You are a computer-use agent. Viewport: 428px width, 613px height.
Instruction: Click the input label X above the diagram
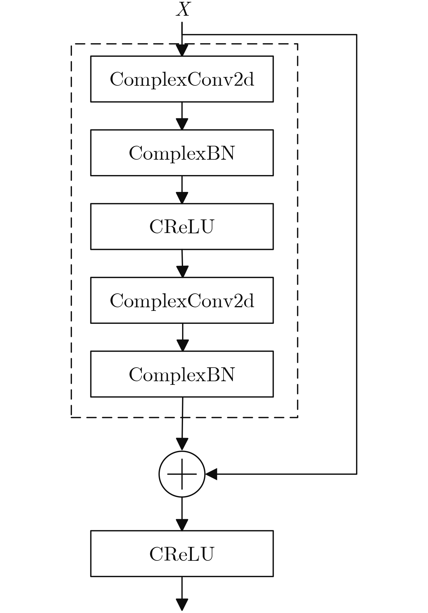pyautogui.click(x=183, y=9)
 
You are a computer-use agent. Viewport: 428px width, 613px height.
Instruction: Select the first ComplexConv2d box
pyautogui.click(x=182, y=79)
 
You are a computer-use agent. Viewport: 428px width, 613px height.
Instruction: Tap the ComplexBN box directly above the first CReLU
pyautogui.click(x=182, y=153)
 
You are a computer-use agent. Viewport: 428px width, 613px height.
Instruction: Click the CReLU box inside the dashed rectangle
pyautogui.click(x=182, y=226)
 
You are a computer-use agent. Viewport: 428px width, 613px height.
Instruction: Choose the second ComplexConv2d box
pyautogui.click(x=182, y=300)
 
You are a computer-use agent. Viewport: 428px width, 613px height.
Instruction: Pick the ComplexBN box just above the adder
pyautogui.click(x=182, y=374)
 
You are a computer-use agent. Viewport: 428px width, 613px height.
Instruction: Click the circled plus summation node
pyautogui.click(x=182, y=474)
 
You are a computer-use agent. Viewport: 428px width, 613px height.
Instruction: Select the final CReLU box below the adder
pyautogui.click(x=182, y=554)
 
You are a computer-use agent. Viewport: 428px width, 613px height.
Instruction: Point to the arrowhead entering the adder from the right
pyautogui.click(x=211, y=474)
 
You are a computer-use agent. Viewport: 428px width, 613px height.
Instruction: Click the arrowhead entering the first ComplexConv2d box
pyautogui.click(x=182, y=50)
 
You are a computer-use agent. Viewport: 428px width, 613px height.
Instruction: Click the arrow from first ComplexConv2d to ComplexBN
pyautogui.click(x=182, y=116)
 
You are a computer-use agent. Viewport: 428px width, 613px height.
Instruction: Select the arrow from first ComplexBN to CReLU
pyautogui.click(x=182, y=190)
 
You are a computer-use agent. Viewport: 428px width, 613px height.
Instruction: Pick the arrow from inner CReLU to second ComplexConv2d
pyautogui.click(x=182, y=263)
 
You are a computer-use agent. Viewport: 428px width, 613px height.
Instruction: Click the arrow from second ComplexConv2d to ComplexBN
pyautogui.click(x=182, y=337)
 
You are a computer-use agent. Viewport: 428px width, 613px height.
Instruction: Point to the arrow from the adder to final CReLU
pyautogui.click(x=182, y=514)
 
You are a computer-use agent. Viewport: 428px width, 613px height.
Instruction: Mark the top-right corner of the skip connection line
pyautogui.click(x=356, y=35)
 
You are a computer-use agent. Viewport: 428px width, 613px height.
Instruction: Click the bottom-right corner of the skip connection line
pyautogui.click(x=356, y=474)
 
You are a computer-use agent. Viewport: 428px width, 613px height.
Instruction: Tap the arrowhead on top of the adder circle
pyautogui.click(x=182, y=445)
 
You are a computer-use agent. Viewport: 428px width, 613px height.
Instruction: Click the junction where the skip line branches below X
pyautogui.click(x=182, y=35)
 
